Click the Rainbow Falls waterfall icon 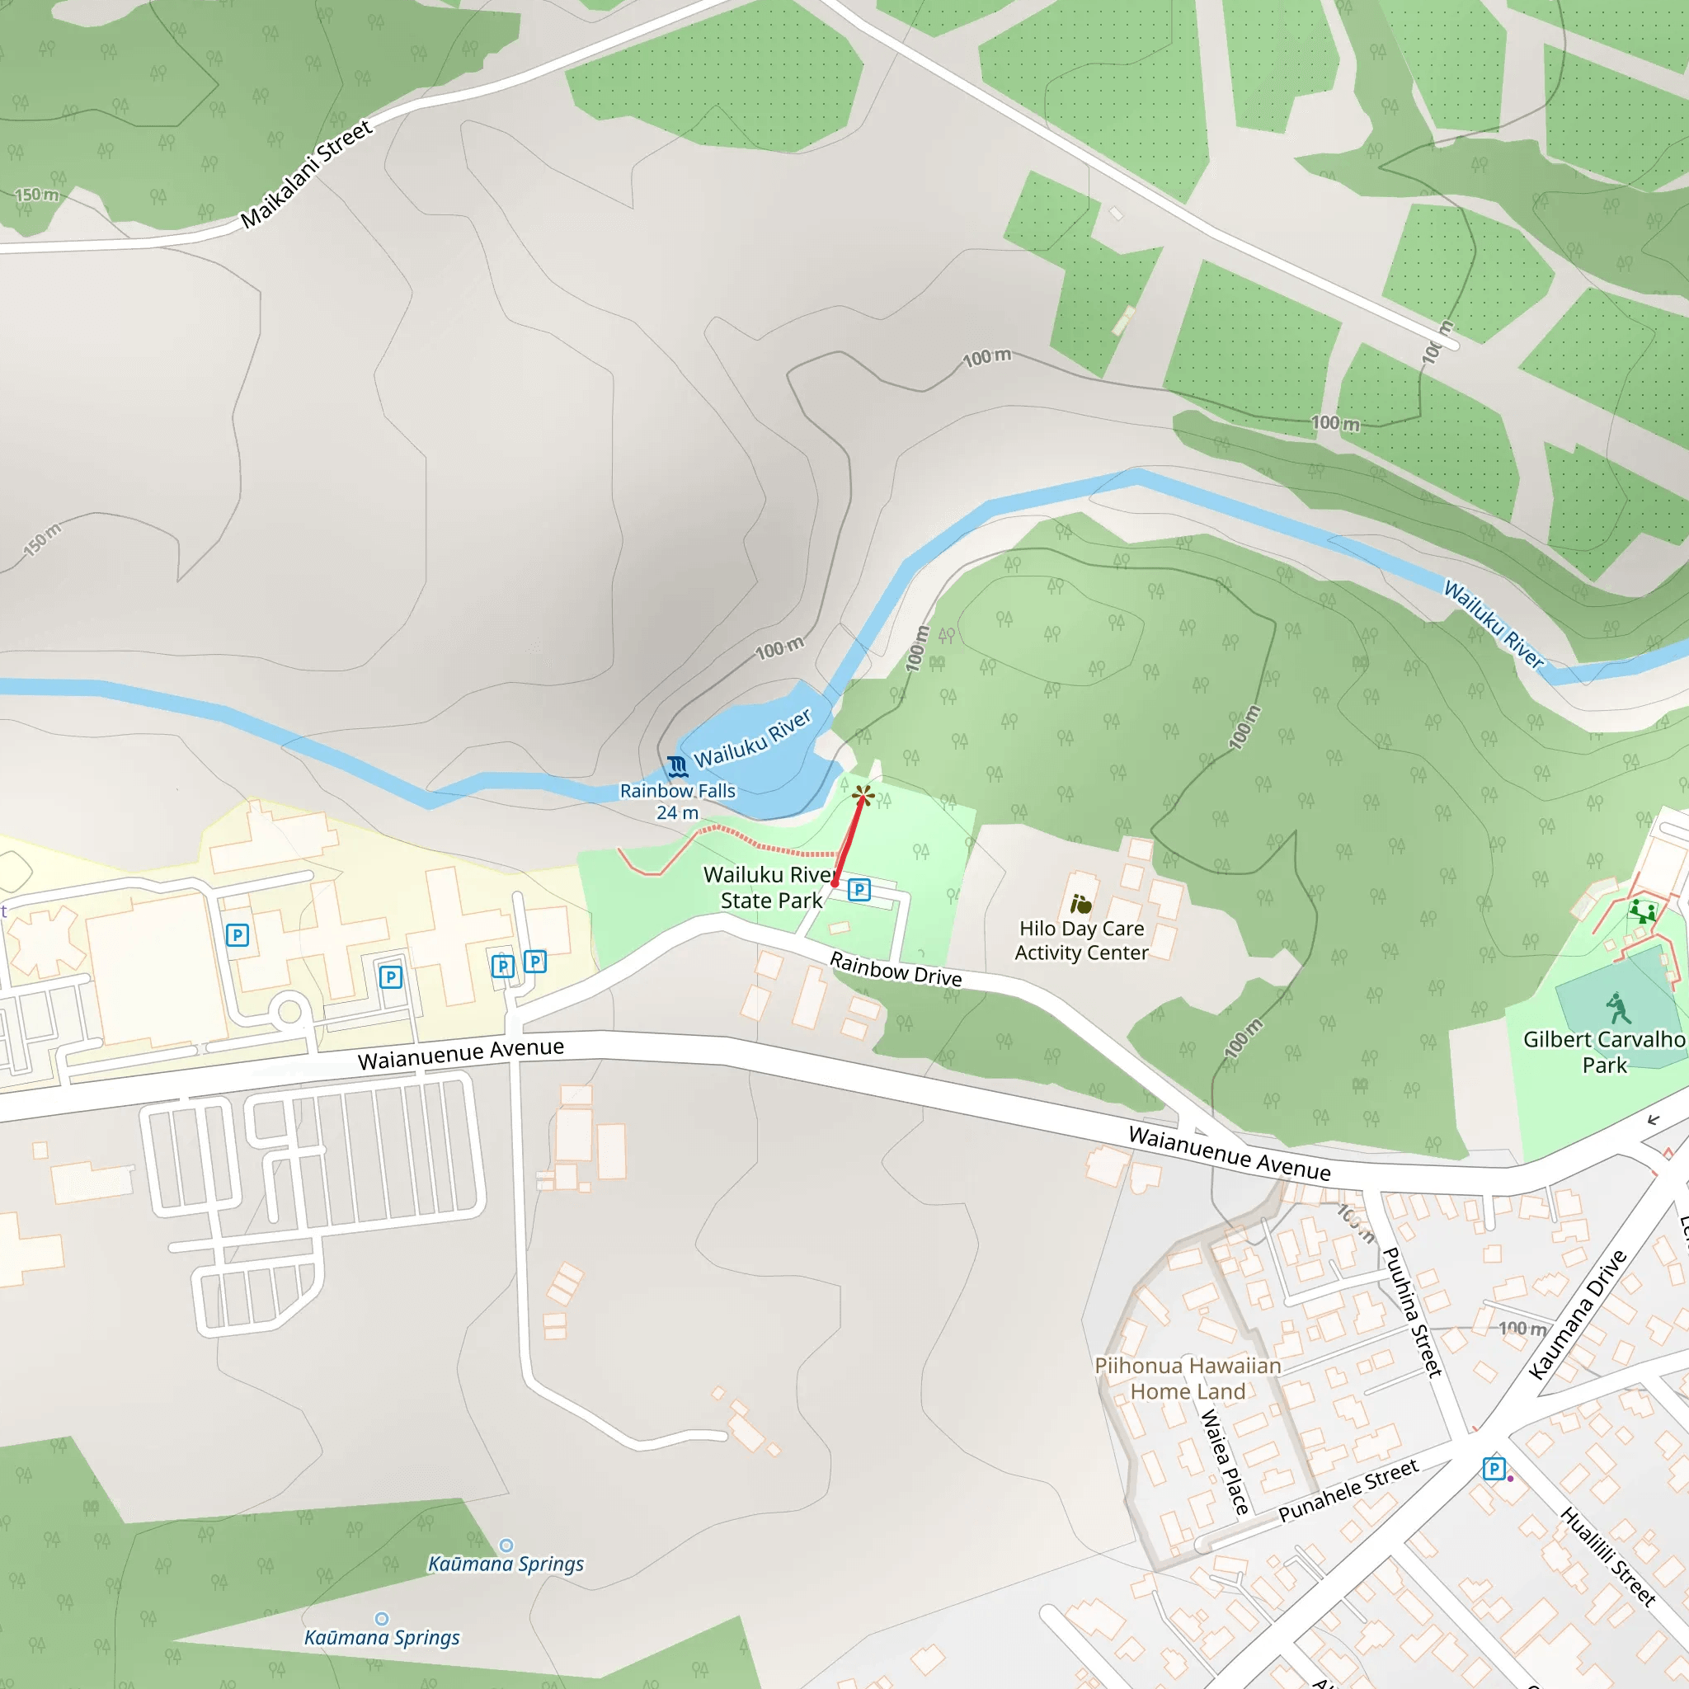[x=676, y=767]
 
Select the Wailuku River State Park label [x=770, y=887]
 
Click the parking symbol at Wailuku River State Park [x=859, y=890]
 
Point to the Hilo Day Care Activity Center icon [x=1081, y=904]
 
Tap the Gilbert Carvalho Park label [x=1604, y=1052]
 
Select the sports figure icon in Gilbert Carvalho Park [x=1618, y=1008]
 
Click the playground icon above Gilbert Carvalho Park [x=1642, y=912]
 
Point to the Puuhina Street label [x=1412, y=1311]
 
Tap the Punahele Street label [x=1348, y=1490]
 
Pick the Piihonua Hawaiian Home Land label [x=1188, y=1379]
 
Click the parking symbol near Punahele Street [x=1494, y=1469]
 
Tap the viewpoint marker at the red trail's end [x=863, y=795]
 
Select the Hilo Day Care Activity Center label [x=1081, y=941]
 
